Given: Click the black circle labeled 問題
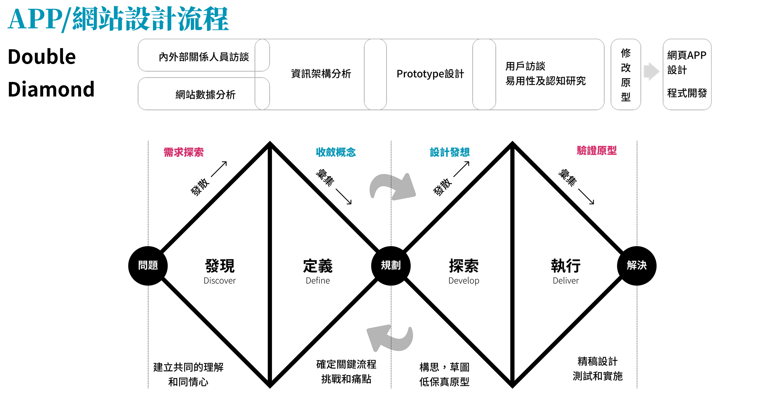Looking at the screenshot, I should (148, 266).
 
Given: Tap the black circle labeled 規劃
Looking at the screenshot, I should (391, 266).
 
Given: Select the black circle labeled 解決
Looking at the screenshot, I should (637, 266).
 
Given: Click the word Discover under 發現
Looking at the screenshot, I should (219, 281).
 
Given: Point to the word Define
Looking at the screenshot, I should (318, 281).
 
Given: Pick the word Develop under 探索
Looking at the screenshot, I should (464, 281).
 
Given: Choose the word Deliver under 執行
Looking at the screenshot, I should (566, 281).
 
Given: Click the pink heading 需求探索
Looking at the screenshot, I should (184, 152).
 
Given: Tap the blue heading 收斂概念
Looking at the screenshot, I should (336, 152).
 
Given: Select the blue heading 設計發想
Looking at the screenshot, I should (450, 152).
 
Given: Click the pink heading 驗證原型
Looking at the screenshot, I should (596, 150).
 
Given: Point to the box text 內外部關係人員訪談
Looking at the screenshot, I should (204, 57).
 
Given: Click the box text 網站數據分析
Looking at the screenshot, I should (205, 95).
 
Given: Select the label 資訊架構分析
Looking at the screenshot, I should (321, 74).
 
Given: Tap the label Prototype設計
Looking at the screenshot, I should (430, 74).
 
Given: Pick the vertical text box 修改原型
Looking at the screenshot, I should (625, 75).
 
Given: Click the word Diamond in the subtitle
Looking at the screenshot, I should (51, 89).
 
